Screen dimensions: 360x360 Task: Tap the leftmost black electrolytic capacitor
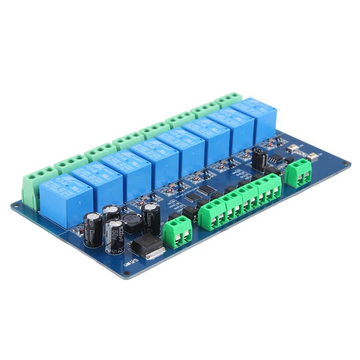click(92, 230)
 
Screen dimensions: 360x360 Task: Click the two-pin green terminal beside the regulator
click(178, 231)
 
